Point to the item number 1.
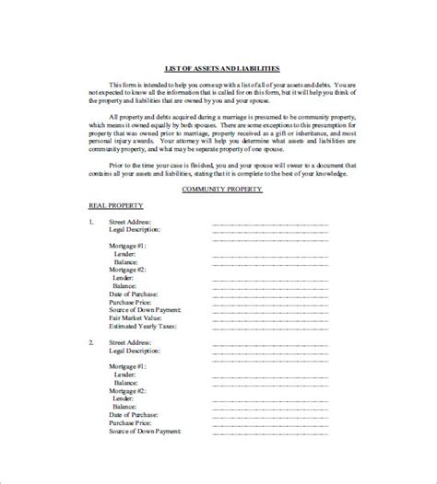91,222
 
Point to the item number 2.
91,341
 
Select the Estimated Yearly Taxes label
143,326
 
